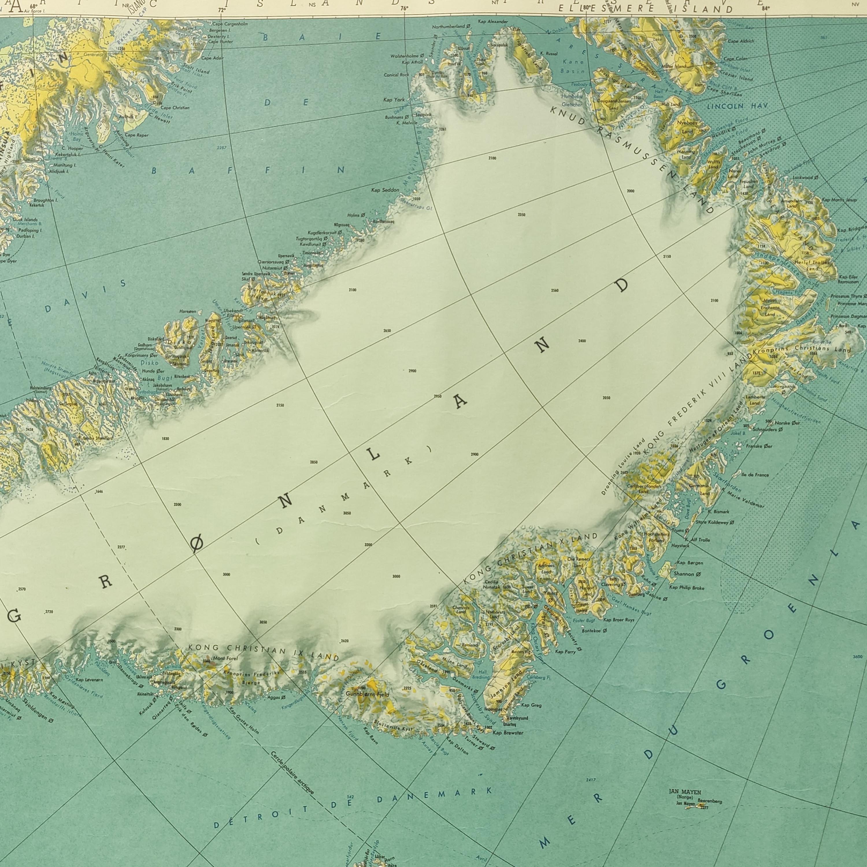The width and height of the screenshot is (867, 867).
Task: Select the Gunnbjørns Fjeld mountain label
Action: [x=368, y=694]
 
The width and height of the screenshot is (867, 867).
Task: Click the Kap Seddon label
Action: [x=385, y=190]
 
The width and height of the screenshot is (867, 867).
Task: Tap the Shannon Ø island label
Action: [x=687, y=574]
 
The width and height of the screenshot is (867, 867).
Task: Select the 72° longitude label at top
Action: [x=222, y=10]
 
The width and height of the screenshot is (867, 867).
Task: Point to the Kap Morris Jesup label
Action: [x=839, y=200]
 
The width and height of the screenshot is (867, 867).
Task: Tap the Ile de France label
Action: [x=755, y=475]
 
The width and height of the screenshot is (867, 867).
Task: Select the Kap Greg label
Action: [x=531, y=705]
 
